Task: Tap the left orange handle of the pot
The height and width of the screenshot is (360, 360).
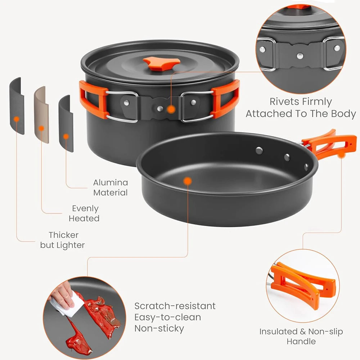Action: tap(92, 99)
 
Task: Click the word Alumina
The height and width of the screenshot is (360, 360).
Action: tap(110, 183)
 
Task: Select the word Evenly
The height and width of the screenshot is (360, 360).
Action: tap(85, 208)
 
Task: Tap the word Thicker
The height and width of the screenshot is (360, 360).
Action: tap(64, 235)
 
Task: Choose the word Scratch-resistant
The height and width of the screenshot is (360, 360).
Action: tap(175, 306)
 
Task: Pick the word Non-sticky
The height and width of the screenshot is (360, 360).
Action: tap(159, 328)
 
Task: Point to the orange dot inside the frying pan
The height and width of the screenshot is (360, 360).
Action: tap(187, 181)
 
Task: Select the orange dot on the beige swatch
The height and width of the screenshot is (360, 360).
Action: tap(41, 128)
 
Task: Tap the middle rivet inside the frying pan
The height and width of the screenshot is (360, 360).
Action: tap(287, 157)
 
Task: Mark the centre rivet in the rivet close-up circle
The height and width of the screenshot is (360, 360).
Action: tap(300, 55)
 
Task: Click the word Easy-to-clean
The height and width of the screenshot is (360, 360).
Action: tap(168, 317)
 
